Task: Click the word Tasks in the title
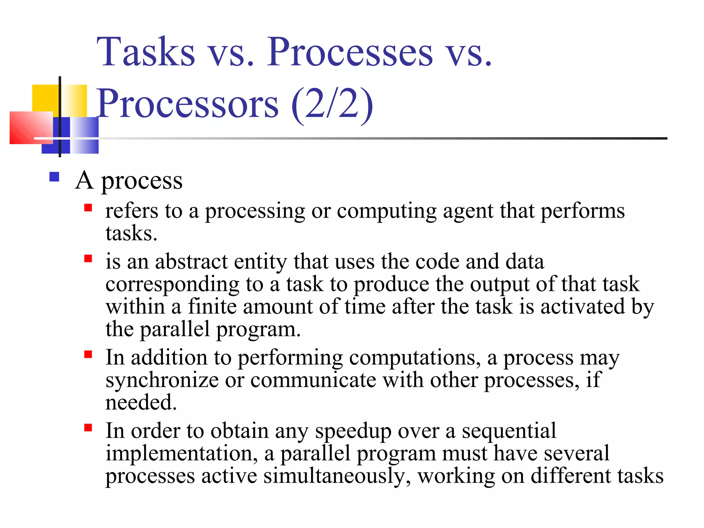pyautogui.click(x=146, y=52)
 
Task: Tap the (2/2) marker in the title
pyautogui.click(x=332, y=104)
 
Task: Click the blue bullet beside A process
pyautogui.click(x=54, y=177)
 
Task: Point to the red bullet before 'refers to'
pyautogui.click(x=88, y=208)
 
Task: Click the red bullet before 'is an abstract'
pyautogui.click(x=88, y=258)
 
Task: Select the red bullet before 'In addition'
pyautogui.click(x=88, y=354)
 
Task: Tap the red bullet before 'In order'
pyautogui.click(x=88, y=428)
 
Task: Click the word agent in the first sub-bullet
pyautogui.click(x=468, y=211)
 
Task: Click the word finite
pyautogui.click(x=212, y=307)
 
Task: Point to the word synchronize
pyautogui.click(x=162, y=381)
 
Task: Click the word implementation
pyautogui.click(x=181, y=454)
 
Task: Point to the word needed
pyautogui.click(x=141, y=403)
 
